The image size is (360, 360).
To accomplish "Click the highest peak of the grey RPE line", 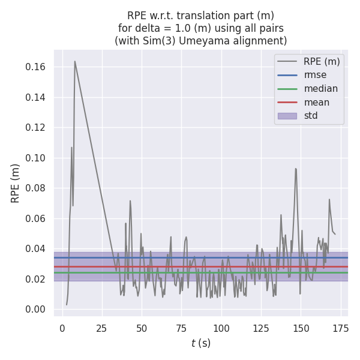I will tap(74, 61).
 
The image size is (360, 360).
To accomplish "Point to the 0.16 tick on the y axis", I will tap(37, 67).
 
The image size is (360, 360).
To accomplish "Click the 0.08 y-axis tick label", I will tap(37, 188).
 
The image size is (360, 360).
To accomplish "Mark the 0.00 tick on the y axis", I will tap(37, 309).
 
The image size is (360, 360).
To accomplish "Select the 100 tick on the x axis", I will tap(221, 328).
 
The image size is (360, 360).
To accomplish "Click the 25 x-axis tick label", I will tap(102, 328).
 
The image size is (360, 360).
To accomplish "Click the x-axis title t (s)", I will tap(200, 343).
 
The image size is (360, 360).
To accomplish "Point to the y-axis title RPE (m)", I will tap(16, 183).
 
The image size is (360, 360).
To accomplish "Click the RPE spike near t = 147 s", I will tap(296, 169).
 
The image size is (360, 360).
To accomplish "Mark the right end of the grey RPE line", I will tap(335, 234).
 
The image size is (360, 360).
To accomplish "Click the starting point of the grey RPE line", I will tap(67, 304).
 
